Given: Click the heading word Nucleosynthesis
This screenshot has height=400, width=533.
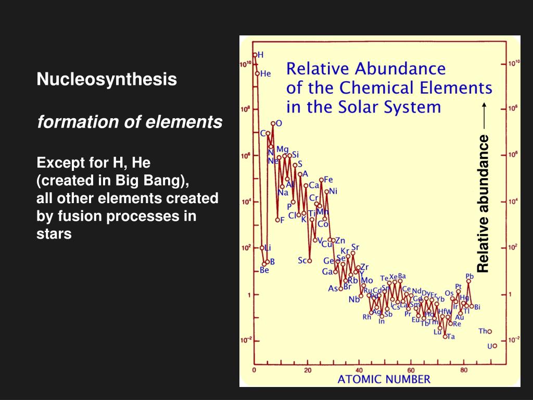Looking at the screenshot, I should (107, 80).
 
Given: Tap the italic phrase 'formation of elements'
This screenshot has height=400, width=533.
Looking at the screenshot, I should (130, 122).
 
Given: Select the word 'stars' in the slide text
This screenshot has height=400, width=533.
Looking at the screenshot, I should (54, 234).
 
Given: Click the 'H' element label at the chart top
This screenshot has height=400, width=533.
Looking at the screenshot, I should (261, 54).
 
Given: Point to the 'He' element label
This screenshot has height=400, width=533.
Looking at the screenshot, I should (265, 74).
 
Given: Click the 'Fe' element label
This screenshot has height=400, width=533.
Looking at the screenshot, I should (328, 180).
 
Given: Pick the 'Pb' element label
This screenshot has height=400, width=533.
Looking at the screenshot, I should (469, 277).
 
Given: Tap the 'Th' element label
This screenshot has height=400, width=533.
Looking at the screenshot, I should (483, 331).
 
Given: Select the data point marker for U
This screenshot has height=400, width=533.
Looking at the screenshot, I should (494, 345).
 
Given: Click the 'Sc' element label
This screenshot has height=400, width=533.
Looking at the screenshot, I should (302, 260).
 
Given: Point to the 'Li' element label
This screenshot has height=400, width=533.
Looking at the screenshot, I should (268, 247).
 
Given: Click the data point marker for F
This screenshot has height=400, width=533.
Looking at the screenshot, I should (277, 220).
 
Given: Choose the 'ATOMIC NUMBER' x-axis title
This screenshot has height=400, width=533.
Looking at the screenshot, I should (384, 379).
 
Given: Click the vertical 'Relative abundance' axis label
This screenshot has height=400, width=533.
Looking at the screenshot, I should (484, 203).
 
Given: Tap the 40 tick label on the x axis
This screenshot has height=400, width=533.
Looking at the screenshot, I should (360, 370).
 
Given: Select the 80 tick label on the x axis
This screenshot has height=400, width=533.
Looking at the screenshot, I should (464, 370).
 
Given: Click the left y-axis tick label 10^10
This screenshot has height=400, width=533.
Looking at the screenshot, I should (246, 64).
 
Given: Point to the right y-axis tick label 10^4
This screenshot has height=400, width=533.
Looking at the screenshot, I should (513, 201).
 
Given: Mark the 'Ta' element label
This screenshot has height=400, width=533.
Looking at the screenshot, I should (451, 336).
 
